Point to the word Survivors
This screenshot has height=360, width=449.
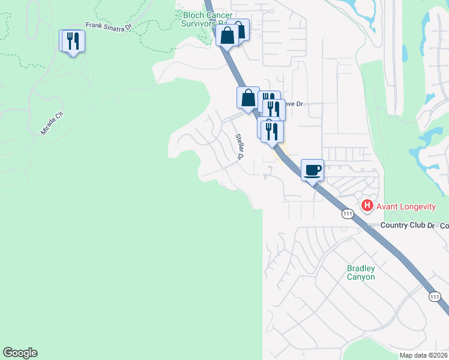pyautogui.click(x=200, y=23)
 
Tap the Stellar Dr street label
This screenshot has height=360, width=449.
pyautogui.click(x=240, y=147)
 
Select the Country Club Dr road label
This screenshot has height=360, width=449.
pyautogui.click(x=407, y=225)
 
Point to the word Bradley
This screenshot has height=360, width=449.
pyautogui.click(x=361, y=268)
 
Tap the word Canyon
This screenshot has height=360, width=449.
pyautogui.click(x=361, y=277)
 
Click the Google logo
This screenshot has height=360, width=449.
pyautogui.click(x=20, y=353)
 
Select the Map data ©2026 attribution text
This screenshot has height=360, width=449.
pyautogui.click(x=423, y=355)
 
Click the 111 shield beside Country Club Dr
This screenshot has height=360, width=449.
pyautogui.click(x=348, y=214)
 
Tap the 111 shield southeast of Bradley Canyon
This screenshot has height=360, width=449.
pyautogui.click(x=435, y=297)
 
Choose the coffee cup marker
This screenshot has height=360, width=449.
pyautogui.click(x=312, y=170)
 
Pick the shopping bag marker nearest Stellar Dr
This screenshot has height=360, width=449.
pyautogui.click(x=248, y=98)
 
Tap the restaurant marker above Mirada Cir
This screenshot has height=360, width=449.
pyautogui.click(x=73, y=41)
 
